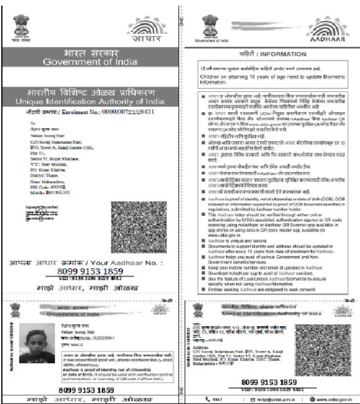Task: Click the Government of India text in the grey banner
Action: click(90, 62)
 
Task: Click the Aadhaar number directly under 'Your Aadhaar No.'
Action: click(91, 271)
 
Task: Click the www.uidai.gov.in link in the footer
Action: click(331, 399)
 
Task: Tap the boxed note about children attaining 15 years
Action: click(269, 75)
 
